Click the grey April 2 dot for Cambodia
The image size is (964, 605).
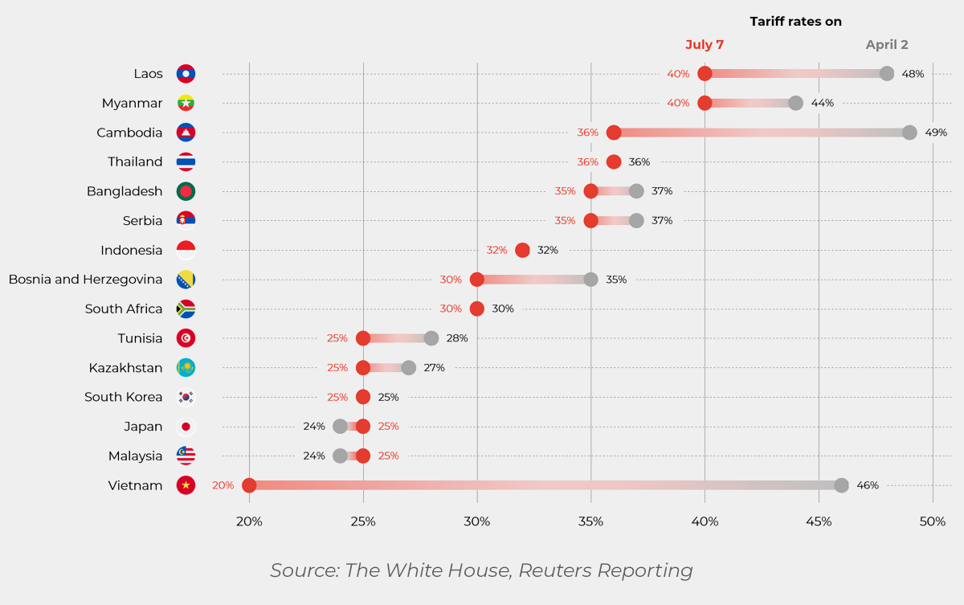click(909, 133)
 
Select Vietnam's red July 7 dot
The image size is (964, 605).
click(249, 485)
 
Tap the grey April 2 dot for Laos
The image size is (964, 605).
click(887, 74)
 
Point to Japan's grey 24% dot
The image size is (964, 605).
click(340, 427)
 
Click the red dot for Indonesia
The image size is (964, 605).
click(522, 250)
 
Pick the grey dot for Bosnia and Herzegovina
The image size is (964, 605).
click(590, 280)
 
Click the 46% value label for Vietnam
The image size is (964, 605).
click(868, 485)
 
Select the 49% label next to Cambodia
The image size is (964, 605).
click(936, 133)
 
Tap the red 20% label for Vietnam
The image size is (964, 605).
click(223, 485)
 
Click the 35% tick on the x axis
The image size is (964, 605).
click(590, 521)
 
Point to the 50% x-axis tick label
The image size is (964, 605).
click(933, 521)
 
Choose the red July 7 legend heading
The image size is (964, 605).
click(705, 45)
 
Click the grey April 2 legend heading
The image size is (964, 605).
click(887, 45)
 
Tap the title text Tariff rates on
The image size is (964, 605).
click(795, 22)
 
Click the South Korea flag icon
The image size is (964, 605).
click(186, 397)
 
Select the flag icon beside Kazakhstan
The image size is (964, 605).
click(186, 368)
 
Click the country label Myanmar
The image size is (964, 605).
click(132, 104)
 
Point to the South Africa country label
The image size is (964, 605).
click(124, 309)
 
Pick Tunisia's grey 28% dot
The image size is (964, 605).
click(431, 338)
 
